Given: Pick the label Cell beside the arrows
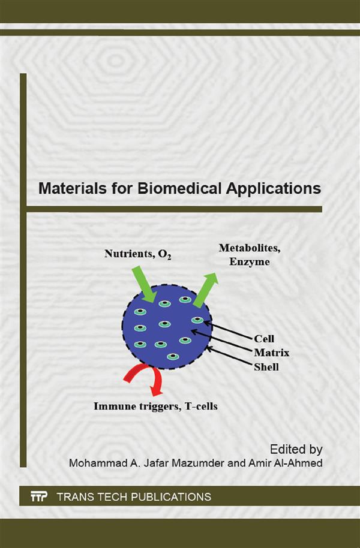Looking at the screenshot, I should (x=264, y=338).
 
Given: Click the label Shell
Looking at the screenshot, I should (x=266, y=366).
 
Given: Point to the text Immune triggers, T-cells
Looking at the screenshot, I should (x=155, y=407).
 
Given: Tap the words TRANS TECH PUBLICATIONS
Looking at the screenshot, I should (x=133, y=496).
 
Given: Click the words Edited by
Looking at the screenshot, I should (x=296, y=448).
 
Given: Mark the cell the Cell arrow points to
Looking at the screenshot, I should (x=196, y=320).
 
